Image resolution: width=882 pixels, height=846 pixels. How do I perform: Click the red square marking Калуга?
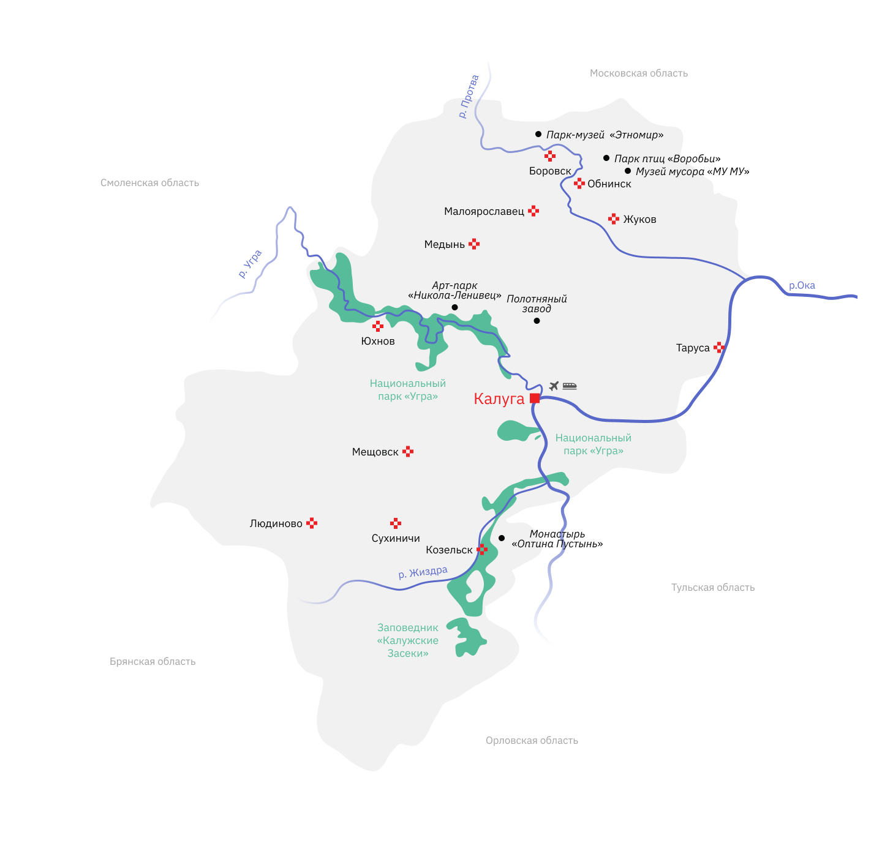(535, 398)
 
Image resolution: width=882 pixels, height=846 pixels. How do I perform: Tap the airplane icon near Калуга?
(554, 386)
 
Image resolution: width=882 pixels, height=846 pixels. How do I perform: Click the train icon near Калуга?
(570, 386)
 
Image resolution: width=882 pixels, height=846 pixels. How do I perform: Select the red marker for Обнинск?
(579, 183)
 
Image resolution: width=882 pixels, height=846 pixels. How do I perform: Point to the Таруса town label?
(693, 348)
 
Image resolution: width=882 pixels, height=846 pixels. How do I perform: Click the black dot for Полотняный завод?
(537, 321)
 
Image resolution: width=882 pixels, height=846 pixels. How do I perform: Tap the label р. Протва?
(469, 97)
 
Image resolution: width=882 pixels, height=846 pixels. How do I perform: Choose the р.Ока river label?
(802, 285)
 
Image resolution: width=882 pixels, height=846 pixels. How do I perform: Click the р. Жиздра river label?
(423, 572)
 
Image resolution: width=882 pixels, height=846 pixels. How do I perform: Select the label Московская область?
(638, 73)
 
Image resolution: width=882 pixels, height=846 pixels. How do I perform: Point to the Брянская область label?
(153, 662)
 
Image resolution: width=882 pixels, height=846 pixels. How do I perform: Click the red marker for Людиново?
(312, 523)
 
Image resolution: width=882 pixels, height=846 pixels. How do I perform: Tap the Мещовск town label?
(375, 452)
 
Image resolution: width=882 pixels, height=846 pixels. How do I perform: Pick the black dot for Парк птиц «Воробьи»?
(606, 158)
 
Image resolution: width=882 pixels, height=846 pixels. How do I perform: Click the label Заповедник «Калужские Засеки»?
(408, 640)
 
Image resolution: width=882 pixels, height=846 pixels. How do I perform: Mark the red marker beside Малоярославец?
(533, 211)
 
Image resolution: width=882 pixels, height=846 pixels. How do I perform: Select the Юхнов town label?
(378, 341)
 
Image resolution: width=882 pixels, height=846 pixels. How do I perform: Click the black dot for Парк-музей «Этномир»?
(538, 134)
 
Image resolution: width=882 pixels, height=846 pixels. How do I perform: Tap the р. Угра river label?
(250, 264)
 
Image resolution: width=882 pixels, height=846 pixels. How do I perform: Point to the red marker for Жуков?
(614, 219)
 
